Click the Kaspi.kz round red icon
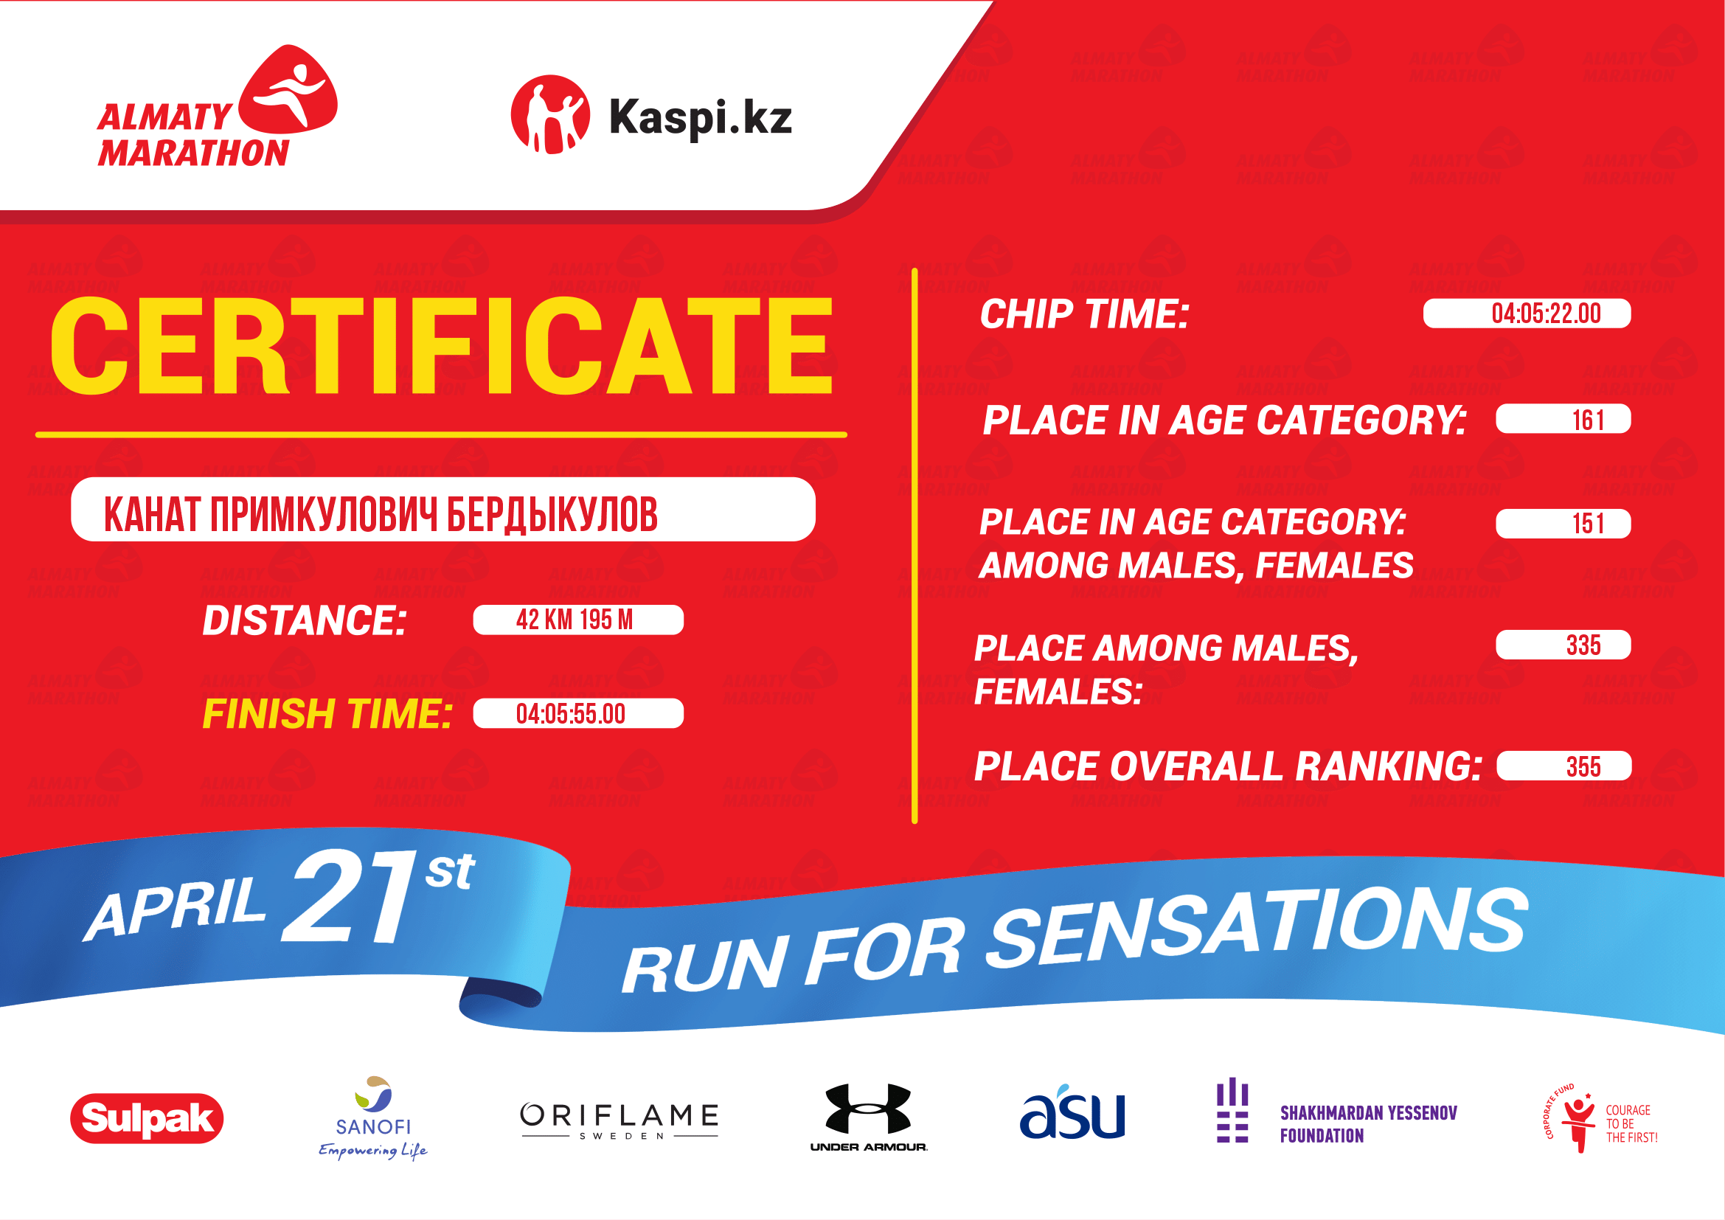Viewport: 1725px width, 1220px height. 550,115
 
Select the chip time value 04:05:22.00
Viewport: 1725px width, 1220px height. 1547,313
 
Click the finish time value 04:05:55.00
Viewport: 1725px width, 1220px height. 570,714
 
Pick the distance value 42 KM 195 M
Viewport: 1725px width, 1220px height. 575,620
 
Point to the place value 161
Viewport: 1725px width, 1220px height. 1589,419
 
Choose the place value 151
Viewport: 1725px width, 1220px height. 1589,524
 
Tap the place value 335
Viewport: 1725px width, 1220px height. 1583,645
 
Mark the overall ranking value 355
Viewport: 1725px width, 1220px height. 1583,766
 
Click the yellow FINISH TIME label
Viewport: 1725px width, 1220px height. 327,714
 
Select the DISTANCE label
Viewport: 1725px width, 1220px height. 305,620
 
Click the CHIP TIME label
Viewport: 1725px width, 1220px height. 1085,314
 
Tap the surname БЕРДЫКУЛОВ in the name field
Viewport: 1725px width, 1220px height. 552,516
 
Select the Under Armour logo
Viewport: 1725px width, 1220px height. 869,1117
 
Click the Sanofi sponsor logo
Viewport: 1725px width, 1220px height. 373,1117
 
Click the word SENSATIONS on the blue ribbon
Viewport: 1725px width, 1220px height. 1257,928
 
